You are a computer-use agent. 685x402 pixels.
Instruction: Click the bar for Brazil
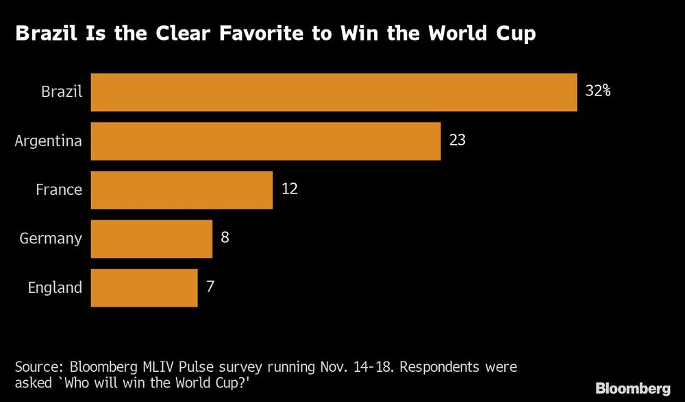point(334,92)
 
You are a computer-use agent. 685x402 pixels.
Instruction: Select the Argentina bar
point(265,141)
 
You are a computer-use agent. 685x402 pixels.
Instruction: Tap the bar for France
point(182,190)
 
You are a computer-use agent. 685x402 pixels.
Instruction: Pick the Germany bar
point(151,239)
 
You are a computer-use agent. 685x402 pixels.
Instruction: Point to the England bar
point(144,287)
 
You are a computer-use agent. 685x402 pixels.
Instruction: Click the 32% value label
point(597,91)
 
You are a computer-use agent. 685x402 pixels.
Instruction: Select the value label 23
point(457,140)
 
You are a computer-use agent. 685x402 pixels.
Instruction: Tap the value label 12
point(289,189)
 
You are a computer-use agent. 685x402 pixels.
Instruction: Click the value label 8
point(224,237)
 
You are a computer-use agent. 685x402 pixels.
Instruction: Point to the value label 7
point(210,286)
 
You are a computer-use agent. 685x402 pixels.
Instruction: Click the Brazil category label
point(62,92)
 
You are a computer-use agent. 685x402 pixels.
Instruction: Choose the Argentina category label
point(49,141)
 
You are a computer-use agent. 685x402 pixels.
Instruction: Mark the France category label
point(59,190)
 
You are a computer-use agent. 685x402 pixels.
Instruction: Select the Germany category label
point(51,239)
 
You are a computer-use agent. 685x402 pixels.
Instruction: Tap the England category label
point(55,287)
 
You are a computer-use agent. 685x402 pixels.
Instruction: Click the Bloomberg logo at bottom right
point(633,388)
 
